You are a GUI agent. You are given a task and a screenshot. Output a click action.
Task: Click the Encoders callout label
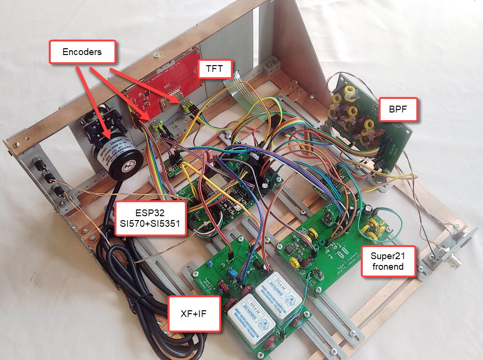(82, 52)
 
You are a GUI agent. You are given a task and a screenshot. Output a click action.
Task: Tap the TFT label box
(214, 69)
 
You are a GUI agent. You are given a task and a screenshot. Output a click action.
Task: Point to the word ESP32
(150, 212)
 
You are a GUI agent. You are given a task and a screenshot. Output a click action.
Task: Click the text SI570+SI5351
(150, 224)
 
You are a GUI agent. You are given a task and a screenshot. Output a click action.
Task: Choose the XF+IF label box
(194, 313)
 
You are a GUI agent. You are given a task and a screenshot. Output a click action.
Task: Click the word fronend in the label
(388, 266)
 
